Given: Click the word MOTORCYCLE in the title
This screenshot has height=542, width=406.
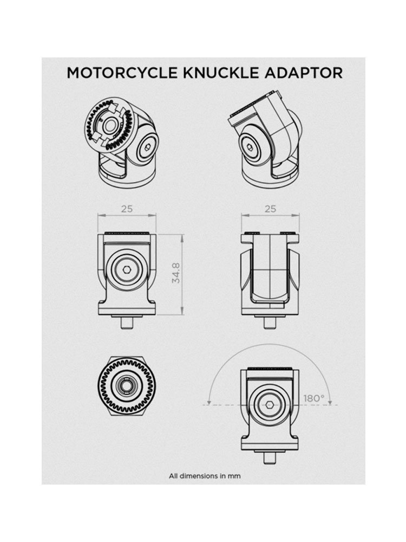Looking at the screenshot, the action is (x=122, y=73).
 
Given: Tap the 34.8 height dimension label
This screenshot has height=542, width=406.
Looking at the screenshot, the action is (x=176, y=273).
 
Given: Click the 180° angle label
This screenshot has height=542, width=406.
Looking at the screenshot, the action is (x=314, y=398).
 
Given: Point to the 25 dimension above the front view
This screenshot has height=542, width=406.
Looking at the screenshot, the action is (x=127, y=209).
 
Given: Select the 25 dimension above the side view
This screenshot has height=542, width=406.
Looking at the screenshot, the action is (x=270, y=209).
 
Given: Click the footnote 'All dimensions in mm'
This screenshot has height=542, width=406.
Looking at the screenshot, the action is (x=205, y=476).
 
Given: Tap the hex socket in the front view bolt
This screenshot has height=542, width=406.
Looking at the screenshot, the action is (x=127, y=269).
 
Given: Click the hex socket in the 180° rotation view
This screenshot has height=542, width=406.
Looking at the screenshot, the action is (x=270, y=404).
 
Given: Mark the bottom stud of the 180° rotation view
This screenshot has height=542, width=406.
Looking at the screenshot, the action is (x=270, y=457).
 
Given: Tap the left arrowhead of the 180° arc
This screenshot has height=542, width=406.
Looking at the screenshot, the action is (x=209, y=402).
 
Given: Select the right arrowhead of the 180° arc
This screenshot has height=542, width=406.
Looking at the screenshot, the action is (x=330, y=402).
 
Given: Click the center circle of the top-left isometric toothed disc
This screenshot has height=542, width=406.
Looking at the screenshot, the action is (x=110, y=126).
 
